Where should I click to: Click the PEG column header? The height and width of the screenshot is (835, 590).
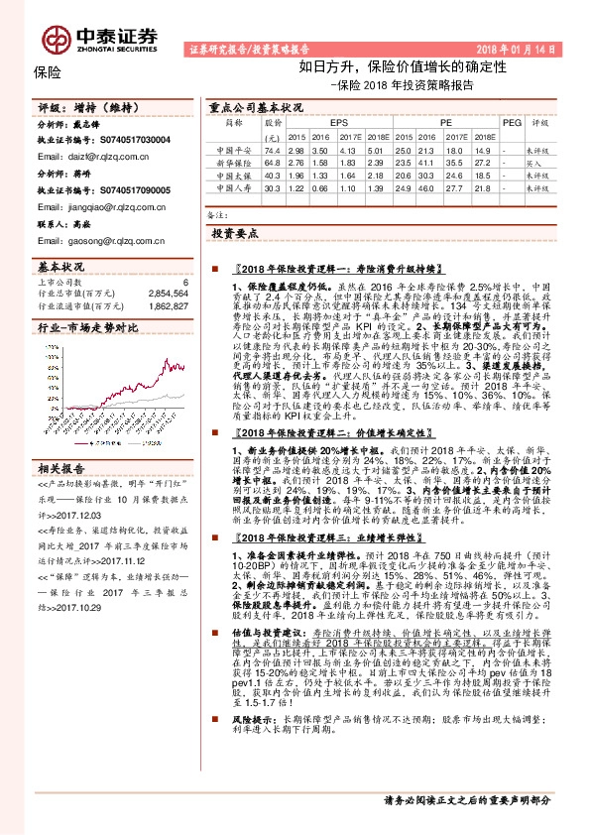coord(512,122)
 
